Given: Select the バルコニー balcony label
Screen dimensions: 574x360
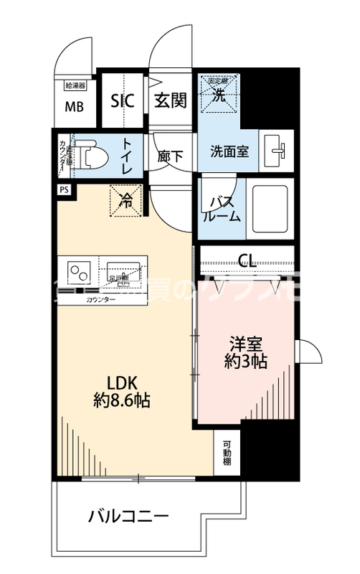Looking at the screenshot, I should pos(129,515).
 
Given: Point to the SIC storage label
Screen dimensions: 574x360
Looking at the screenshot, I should pos(123,100).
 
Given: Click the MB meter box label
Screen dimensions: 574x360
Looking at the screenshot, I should pos(75,108).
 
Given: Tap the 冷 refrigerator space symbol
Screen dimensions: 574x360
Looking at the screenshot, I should pos(126,201).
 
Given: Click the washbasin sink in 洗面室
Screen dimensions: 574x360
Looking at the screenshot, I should pos(278,151).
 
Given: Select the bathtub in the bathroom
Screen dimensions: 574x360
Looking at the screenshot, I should pos(268,207).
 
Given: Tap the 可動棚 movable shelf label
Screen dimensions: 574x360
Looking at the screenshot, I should pos(227,452).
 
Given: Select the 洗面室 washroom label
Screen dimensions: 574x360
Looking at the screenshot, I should pos(229,152).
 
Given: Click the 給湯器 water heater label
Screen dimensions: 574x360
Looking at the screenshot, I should pos(75,85).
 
